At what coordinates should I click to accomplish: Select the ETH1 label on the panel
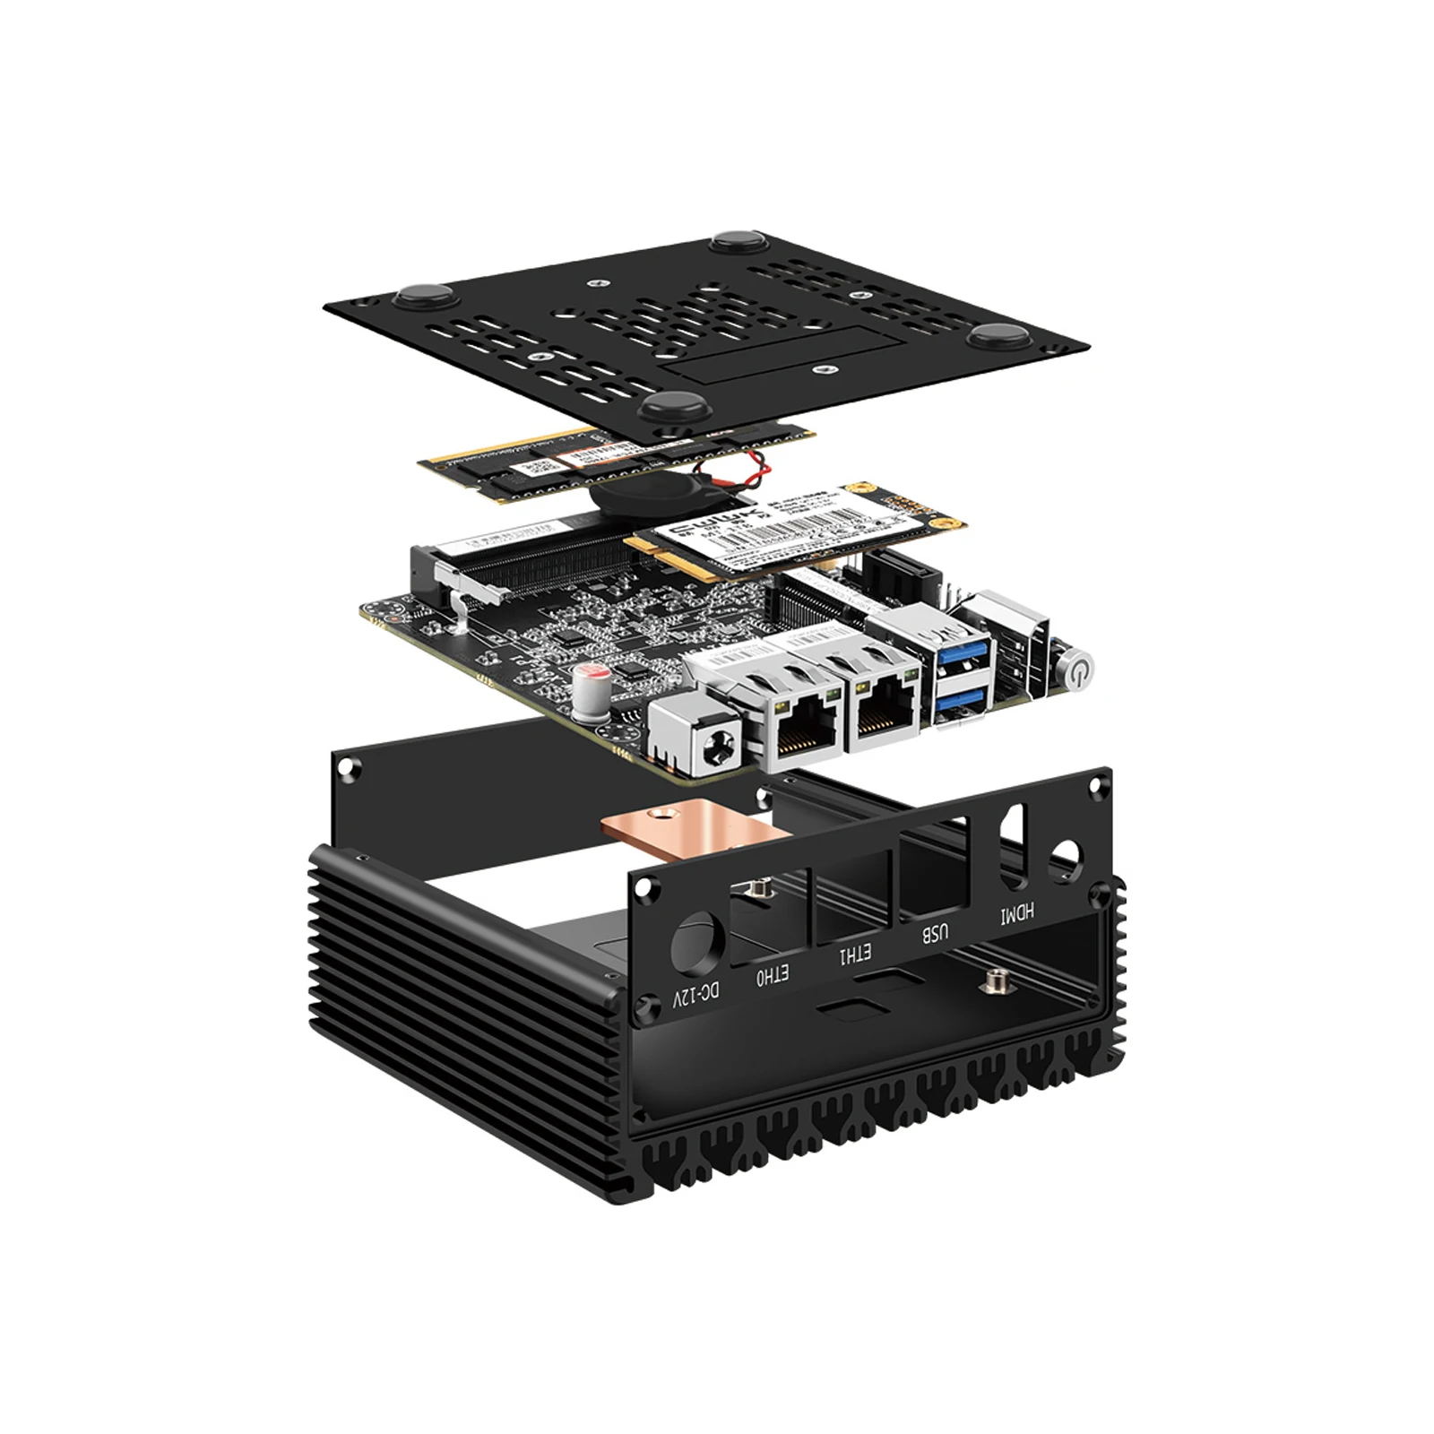(x=853, y=955)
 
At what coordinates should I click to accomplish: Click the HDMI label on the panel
(x=1017, y=913)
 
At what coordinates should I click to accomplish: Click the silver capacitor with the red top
(x=594, y=684)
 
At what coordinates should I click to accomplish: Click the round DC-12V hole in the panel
(x=698, y=943)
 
